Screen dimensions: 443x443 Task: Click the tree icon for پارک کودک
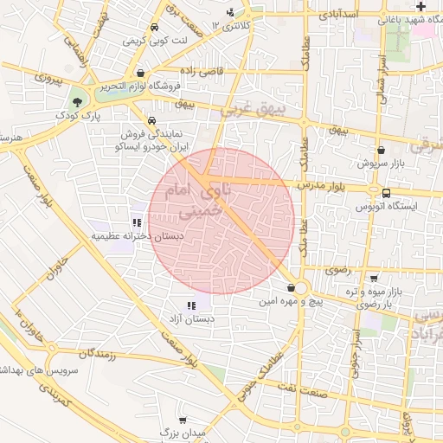click(78, 102)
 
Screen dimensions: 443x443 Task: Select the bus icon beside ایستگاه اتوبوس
click(385, 194)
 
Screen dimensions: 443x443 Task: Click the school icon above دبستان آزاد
click(191, 305)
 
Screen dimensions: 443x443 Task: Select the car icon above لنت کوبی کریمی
click(154, 28)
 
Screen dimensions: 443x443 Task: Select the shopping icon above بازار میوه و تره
click(373, 279)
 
